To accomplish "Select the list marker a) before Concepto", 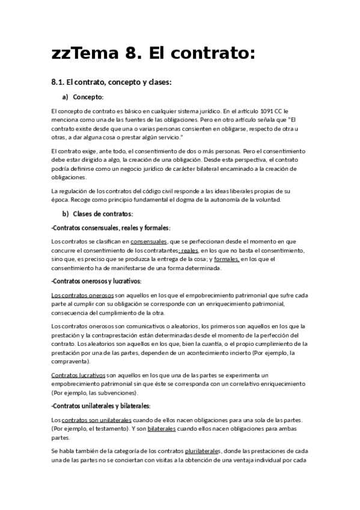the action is [66, 97].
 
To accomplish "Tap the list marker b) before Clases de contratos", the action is [66, 214].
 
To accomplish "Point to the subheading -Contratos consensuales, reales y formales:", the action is [111, 228].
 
